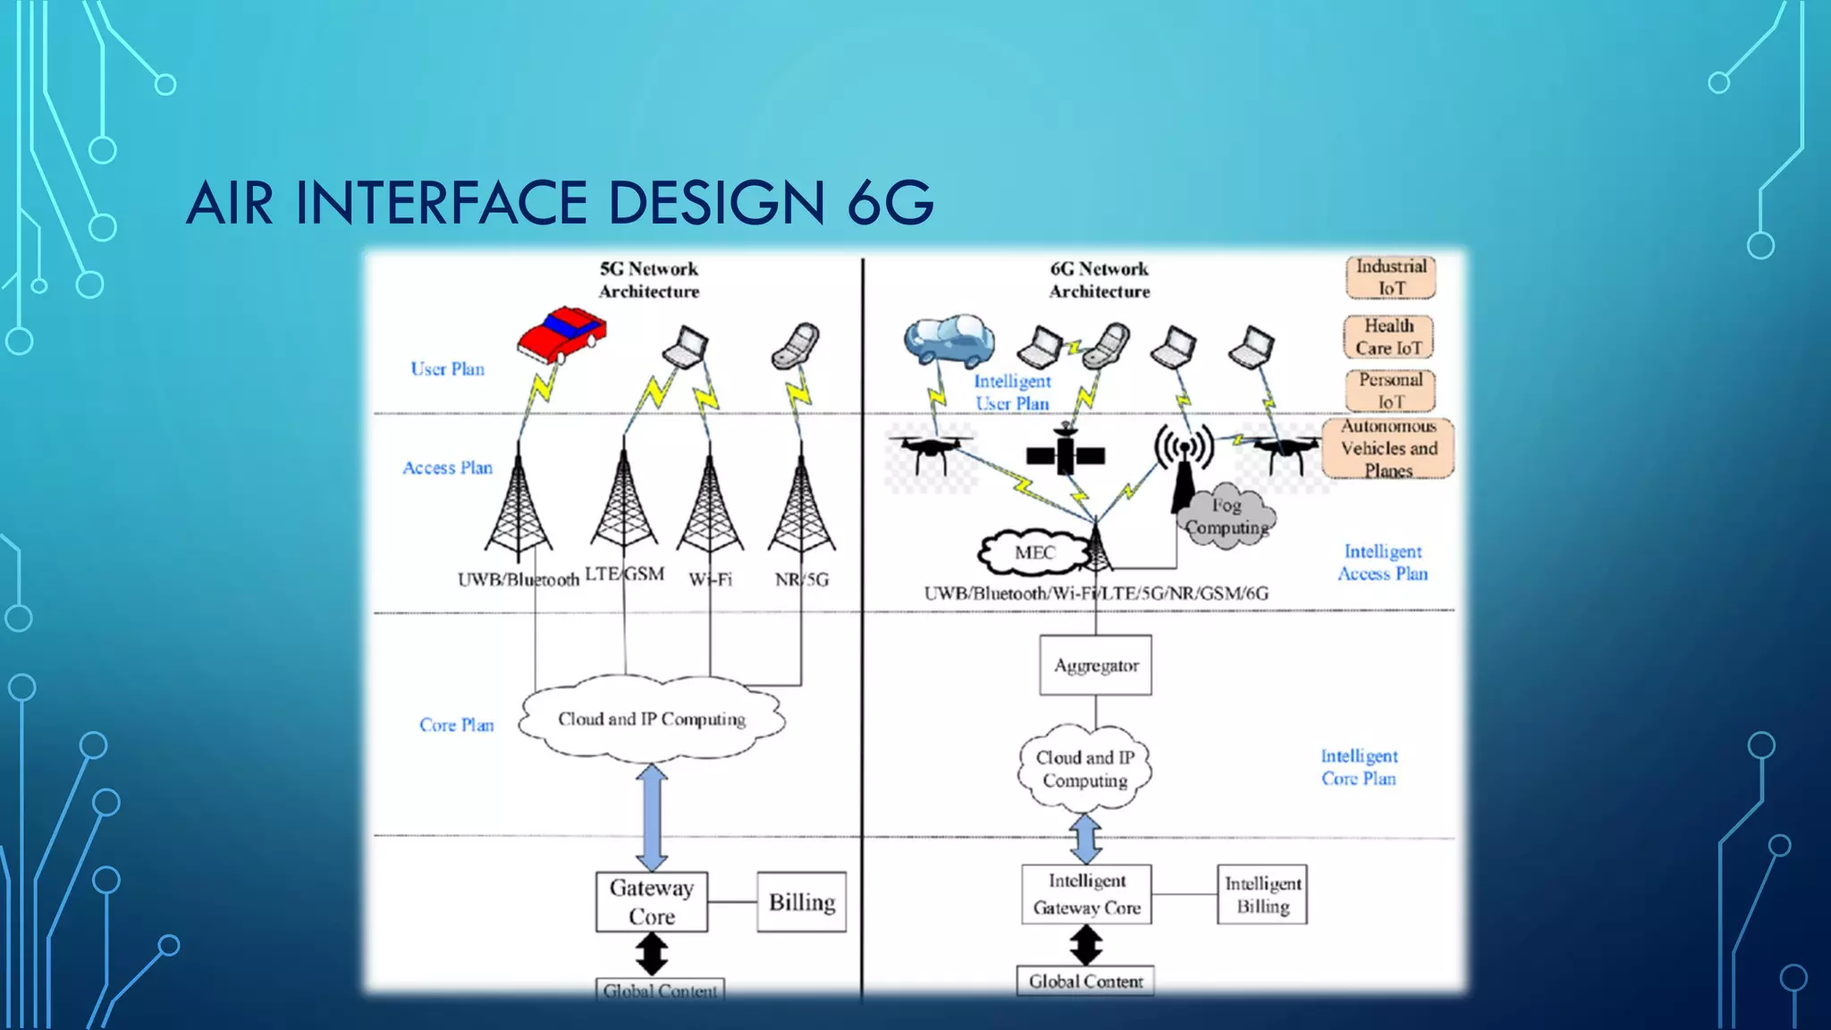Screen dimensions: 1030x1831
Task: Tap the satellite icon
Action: (x=1065, y=453)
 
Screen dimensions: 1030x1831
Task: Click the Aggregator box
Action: (x=1095, y=665)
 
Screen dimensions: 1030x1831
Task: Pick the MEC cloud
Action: (x=1034, y=553)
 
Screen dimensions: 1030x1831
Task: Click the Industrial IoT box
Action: (x=1390, y=277)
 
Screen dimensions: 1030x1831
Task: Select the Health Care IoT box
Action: (x=1388, y=337)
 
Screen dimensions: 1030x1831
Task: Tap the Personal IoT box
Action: (x=1390, y=391)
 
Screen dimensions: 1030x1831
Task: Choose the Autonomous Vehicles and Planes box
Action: (x=1388, y=449)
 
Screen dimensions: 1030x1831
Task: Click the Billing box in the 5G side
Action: (x=801, y=902)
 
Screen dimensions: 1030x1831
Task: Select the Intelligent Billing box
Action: (x=1261, y=894)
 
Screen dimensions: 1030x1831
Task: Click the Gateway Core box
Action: (x=652, y=902)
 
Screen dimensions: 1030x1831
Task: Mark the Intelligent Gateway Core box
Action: (x=1086, y=894)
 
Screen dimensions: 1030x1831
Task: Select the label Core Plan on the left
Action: (x=456, y=725)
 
